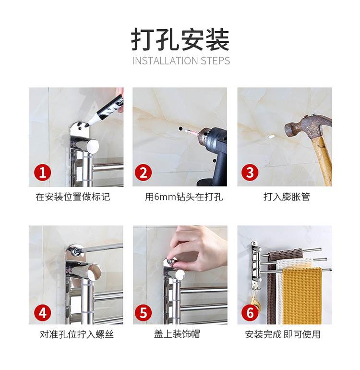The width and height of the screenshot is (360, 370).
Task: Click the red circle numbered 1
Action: point(43,173)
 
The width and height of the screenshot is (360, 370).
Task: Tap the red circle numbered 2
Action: point(144,173)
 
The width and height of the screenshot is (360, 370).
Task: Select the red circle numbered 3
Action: point(250,173)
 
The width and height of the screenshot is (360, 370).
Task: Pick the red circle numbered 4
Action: point(43,313)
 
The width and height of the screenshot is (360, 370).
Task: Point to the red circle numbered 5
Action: point(144,313)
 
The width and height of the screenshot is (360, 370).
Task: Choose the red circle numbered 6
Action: point(250,313)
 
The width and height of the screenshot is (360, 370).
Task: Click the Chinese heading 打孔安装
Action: point(180,39)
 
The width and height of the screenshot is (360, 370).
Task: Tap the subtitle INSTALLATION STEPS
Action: point(181,61)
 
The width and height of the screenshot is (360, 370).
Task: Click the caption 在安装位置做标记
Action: point(73,197)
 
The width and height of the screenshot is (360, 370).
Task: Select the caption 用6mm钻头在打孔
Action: point(184,197)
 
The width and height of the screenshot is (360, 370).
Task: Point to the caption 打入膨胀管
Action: point(287,197)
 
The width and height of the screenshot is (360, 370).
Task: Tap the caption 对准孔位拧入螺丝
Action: point(77,334)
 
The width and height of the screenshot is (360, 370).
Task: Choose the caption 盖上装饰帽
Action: point(177,334)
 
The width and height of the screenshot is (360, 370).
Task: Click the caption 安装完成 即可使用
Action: point(283,334)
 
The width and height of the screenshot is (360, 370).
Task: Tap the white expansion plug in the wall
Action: point(270,136)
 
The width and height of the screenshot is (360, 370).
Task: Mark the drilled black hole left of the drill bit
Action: point(180,129)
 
